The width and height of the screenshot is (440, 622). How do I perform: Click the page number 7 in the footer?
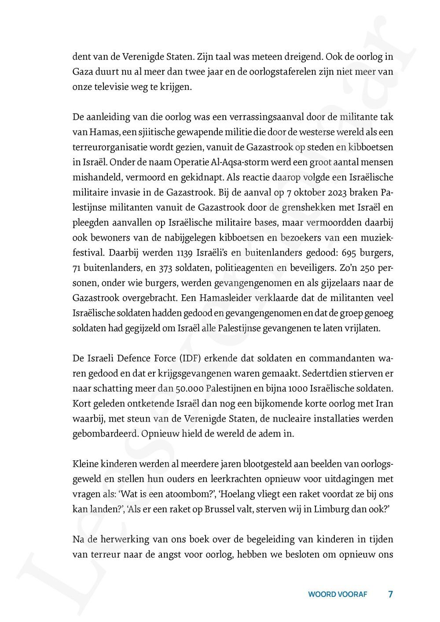pyautogui.click(x=390, y=594)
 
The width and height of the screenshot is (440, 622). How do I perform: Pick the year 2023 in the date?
pyautogui.click(x=356, y=193)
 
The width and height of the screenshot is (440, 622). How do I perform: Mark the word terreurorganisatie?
pyautogui.click(x=108, y=148)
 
